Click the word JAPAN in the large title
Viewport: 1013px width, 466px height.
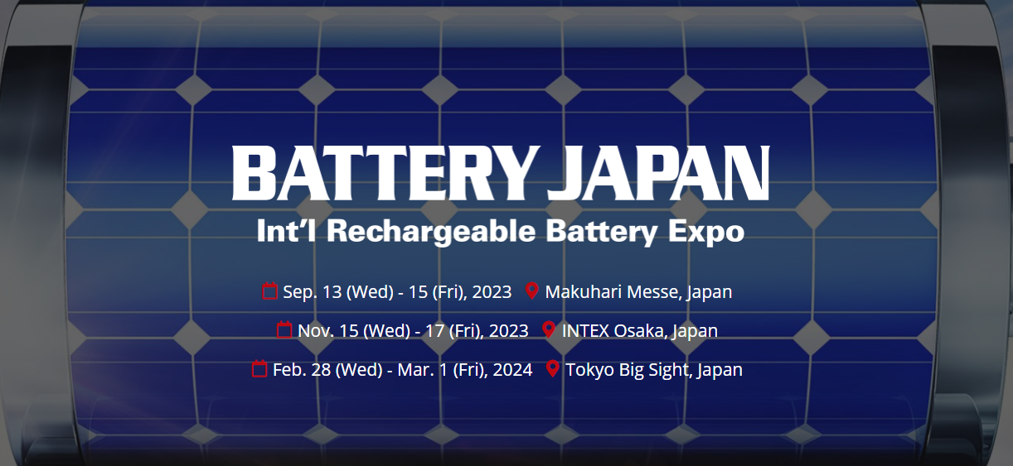(x=658, y=173)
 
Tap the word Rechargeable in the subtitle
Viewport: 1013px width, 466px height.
(x=431, y=232)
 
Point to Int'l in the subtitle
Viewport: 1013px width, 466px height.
(x=287, y=230)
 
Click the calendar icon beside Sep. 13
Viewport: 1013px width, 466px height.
(x=270, y=291)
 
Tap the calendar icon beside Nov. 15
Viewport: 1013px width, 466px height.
(x=284, y=329)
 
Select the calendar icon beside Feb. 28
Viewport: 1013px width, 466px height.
(x=259, y=368)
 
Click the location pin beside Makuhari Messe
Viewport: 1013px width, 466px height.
(x=532, y=291)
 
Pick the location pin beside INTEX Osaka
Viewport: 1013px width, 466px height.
(x=549, y=329)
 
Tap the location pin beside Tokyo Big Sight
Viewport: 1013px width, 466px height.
(x=552, y=368)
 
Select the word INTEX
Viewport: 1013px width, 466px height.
(x=585, y=331)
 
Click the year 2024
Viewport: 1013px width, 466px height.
(x=512, y=370)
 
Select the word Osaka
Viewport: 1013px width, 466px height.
(x=640, y=331)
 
